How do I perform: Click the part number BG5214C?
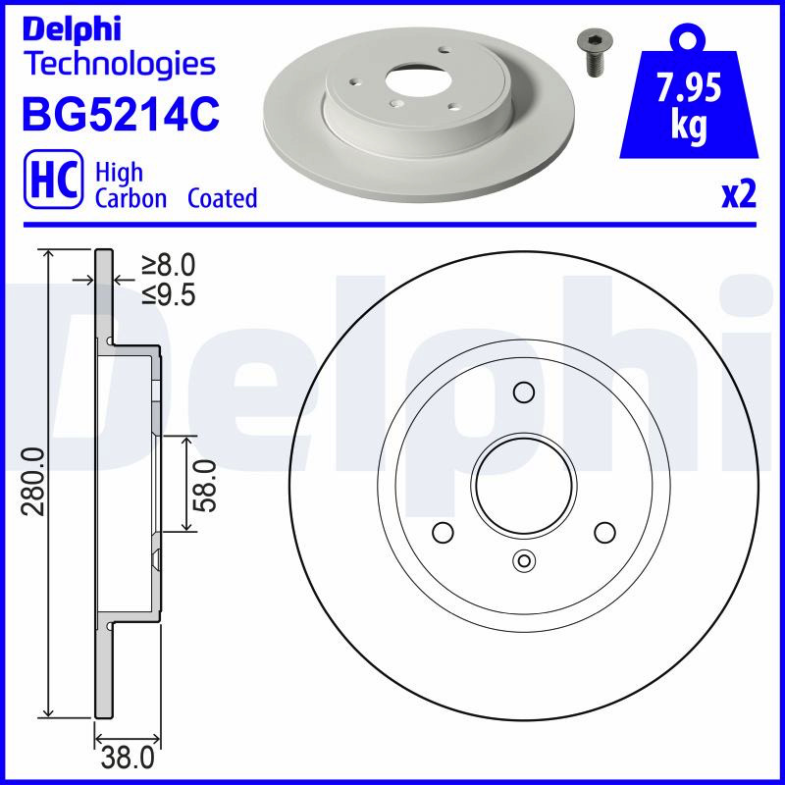121,114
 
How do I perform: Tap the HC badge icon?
54,180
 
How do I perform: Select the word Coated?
223,198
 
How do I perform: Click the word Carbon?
131,198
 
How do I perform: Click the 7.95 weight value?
689,87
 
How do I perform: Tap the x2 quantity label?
739,195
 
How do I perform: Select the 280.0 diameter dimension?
33,482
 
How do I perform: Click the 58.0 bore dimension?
205,486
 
